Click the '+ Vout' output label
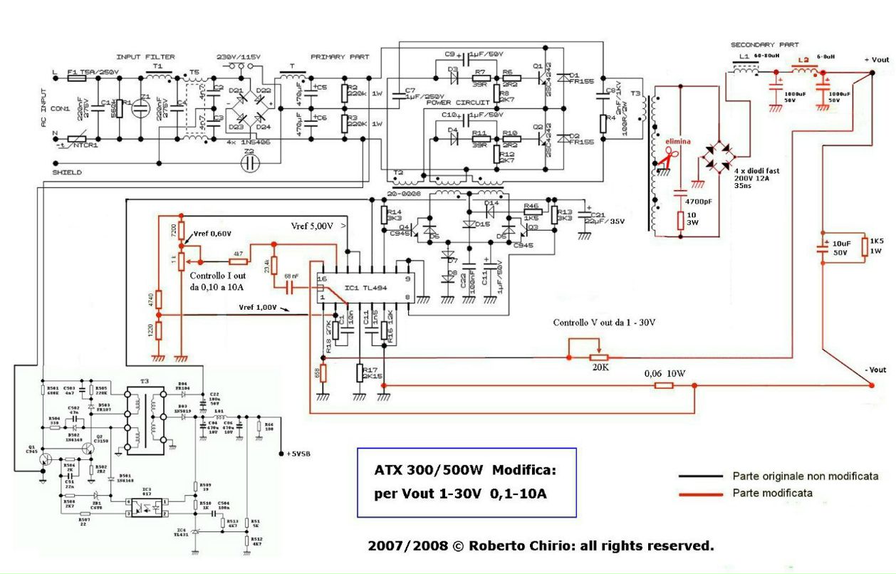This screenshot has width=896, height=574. [875, 59]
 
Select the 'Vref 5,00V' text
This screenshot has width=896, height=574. [312, 226]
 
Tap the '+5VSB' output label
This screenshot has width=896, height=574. [298, 453]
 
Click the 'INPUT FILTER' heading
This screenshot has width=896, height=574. [145, 57]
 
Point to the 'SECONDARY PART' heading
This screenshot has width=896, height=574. [764, 45]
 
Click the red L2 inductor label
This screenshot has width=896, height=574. [805, 60]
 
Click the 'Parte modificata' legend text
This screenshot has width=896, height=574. [772, 492]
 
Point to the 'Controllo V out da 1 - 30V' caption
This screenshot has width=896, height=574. [604, 323]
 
